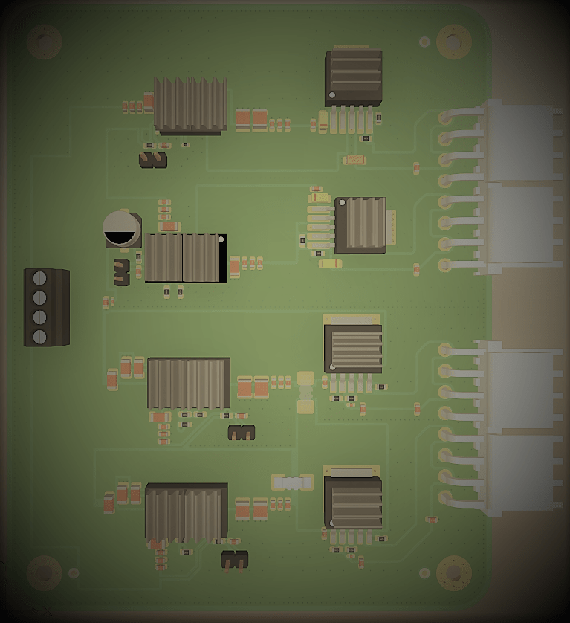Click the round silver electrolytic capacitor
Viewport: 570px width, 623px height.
122,229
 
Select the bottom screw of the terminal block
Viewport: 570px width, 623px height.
40,337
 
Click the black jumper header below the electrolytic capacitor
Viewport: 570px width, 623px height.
121,272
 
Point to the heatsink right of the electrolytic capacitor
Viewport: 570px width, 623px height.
184,258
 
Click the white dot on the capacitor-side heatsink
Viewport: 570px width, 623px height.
221,239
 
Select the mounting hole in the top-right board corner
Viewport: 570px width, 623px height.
453,42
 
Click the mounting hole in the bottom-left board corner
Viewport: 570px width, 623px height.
44,572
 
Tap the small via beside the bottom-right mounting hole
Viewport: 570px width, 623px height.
424,573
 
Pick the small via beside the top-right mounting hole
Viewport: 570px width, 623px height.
424,42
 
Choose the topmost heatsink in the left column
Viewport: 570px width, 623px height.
190,105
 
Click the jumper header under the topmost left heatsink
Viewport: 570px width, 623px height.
153,160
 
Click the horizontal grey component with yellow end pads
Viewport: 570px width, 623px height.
293,483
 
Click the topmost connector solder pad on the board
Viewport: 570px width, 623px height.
445,117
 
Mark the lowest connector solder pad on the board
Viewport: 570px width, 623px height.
445,497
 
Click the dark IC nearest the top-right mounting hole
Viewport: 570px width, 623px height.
354,77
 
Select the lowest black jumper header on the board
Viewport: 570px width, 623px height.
235,560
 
